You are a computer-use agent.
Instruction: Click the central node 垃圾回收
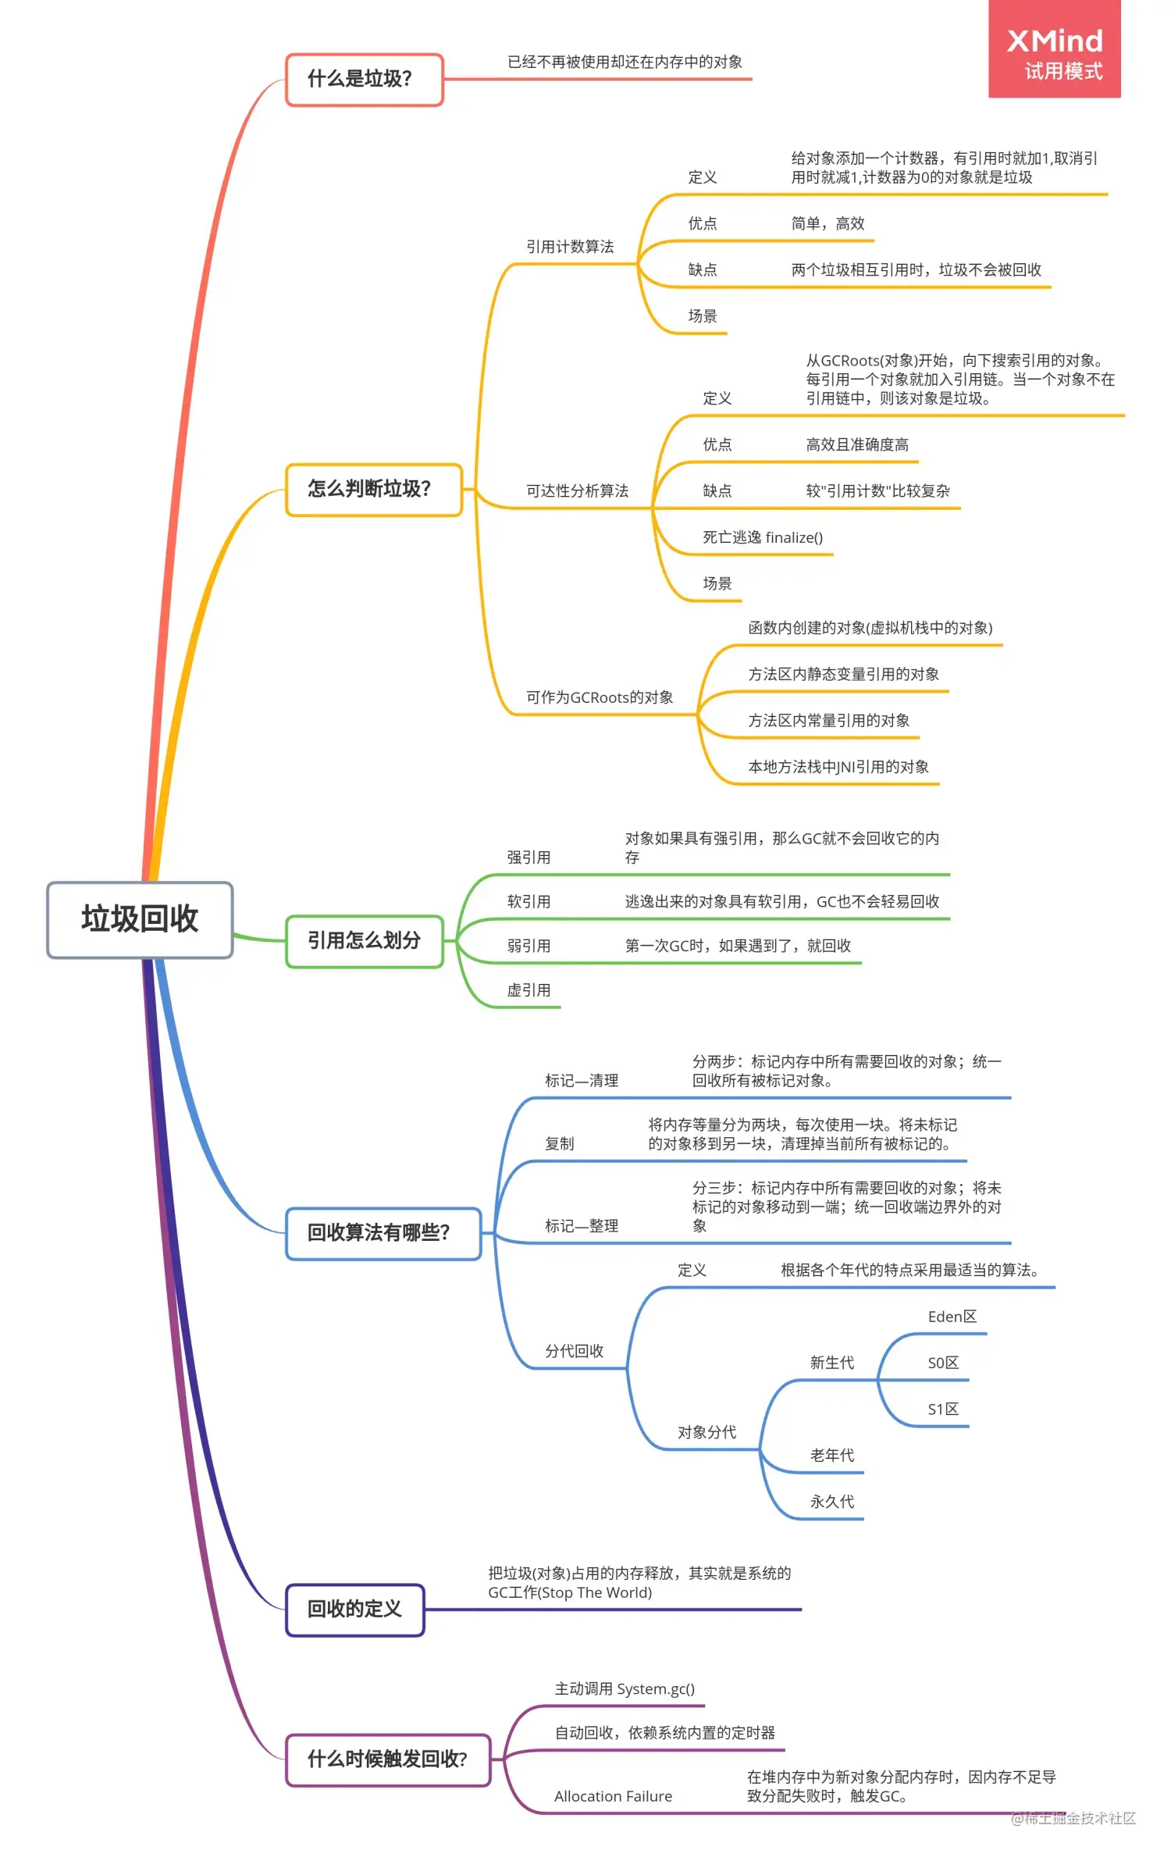tap(140, 919)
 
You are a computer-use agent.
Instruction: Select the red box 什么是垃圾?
tap(364, 79)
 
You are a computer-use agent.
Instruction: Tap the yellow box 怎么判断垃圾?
tap(373, 490)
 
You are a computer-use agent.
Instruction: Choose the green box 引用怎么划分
tap(364, 940)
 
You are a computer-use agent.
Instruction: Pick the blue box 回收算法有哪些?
tap(383, 1233)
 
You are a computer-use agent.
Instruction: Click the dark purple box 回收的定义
tap(354, 1609)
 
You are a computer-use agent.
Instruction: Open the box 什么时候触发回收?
tap(387, 1759)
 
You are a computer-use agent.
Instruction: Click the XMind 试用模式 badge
tap(1054, 50)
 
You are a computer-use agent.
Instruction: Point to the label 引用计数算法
tap(570, 247)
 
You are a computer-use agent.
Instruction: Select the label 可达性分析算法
tap(577, 491)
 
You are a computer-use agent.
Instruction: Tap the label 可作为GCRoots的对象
tap(600, 697)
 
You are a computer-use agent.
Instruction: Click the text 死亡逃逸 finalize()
tap(763, 537)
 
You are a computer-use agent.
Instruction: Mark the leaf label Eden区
tap(952, 1317)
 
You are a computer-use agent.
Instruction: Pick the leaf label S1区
tap(943, 1410)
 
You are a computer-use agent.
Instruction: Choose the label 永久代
tap(832, 1502)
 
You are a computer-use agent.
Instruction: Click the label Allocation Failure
tap(613, 1796)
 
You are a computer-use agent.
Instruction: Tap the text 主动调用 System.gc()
tap(625, 1689)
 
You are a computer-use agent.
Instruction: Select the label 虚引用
tap(529, 990)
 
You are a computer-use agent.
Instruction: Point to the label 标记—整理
tap(582, 1226)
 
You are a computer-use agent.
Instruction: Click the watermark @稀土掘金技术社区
tap(1073, 1819)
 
